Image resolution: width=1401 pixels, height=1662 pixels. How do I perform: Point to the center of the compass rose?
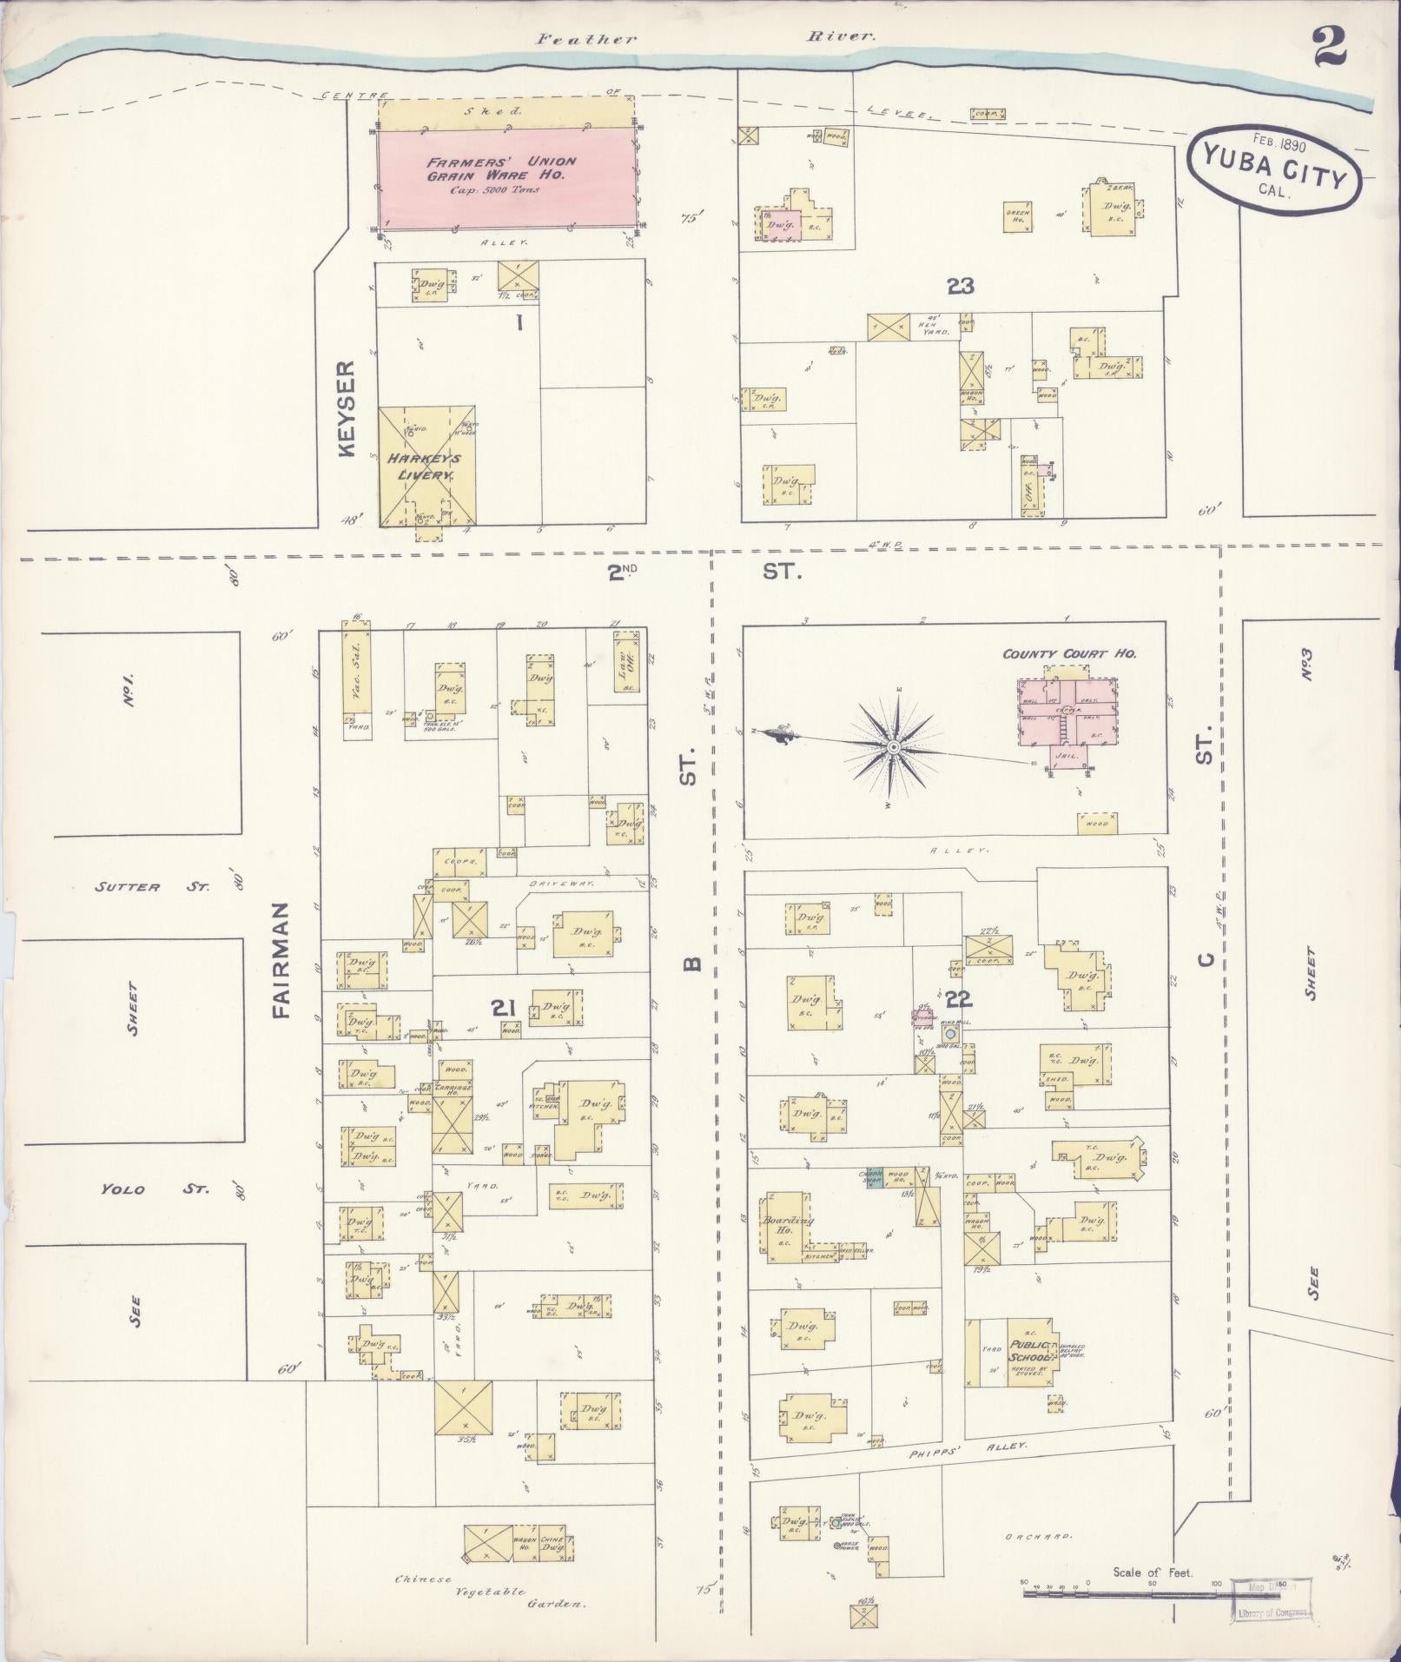click(893, 747)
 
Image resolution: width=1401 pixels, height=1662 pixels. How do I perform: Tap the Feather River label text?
click(704, 38)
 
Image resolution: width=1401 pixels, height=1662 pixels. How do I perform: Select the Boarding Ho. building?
click(786, 1224)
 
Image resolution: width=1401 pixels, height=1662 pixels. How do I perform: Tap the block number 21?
click(504, 1009)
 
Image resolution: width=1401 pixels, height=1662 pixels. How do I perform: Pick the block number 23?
click(960, 286)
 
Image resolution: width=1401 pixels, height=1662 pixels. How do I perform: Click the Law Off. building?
click(625, 671)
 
